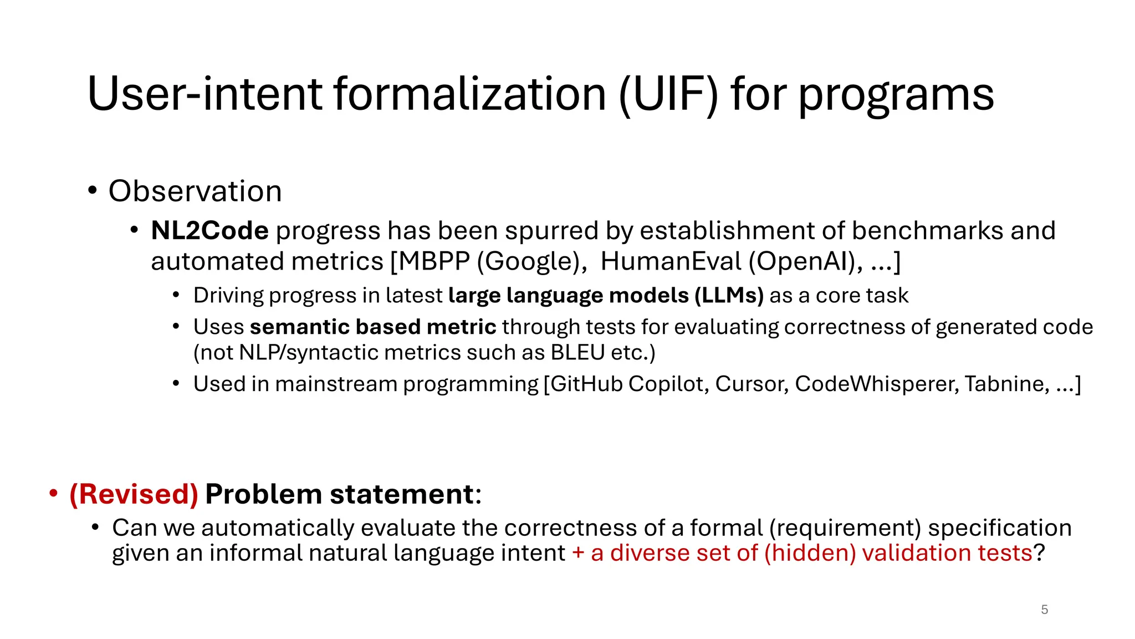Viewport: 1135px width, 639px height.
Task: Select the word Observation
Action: point(195,191)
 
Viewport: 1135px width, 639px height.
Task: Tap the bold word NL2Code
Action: point(209,231)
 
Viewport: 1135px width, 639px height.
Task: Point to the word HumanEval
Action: point(671,261)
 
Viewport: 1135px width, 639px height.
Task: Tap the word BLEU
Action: point(577,353)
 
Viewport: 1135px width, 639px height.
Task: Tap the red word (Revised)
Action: point(134,494)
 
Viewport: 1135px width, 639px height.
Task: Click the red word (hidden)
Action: point(810,553)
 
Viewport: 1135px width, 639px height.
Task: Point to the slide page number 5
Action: point(1044,610)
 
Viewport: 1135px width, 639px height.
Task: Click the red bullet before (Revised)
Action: point(53,493)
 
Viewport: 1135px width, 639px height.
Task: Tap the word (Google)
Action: point(532,261)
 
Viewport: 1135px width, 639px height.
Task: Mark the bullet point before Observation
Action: point(93,191)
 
